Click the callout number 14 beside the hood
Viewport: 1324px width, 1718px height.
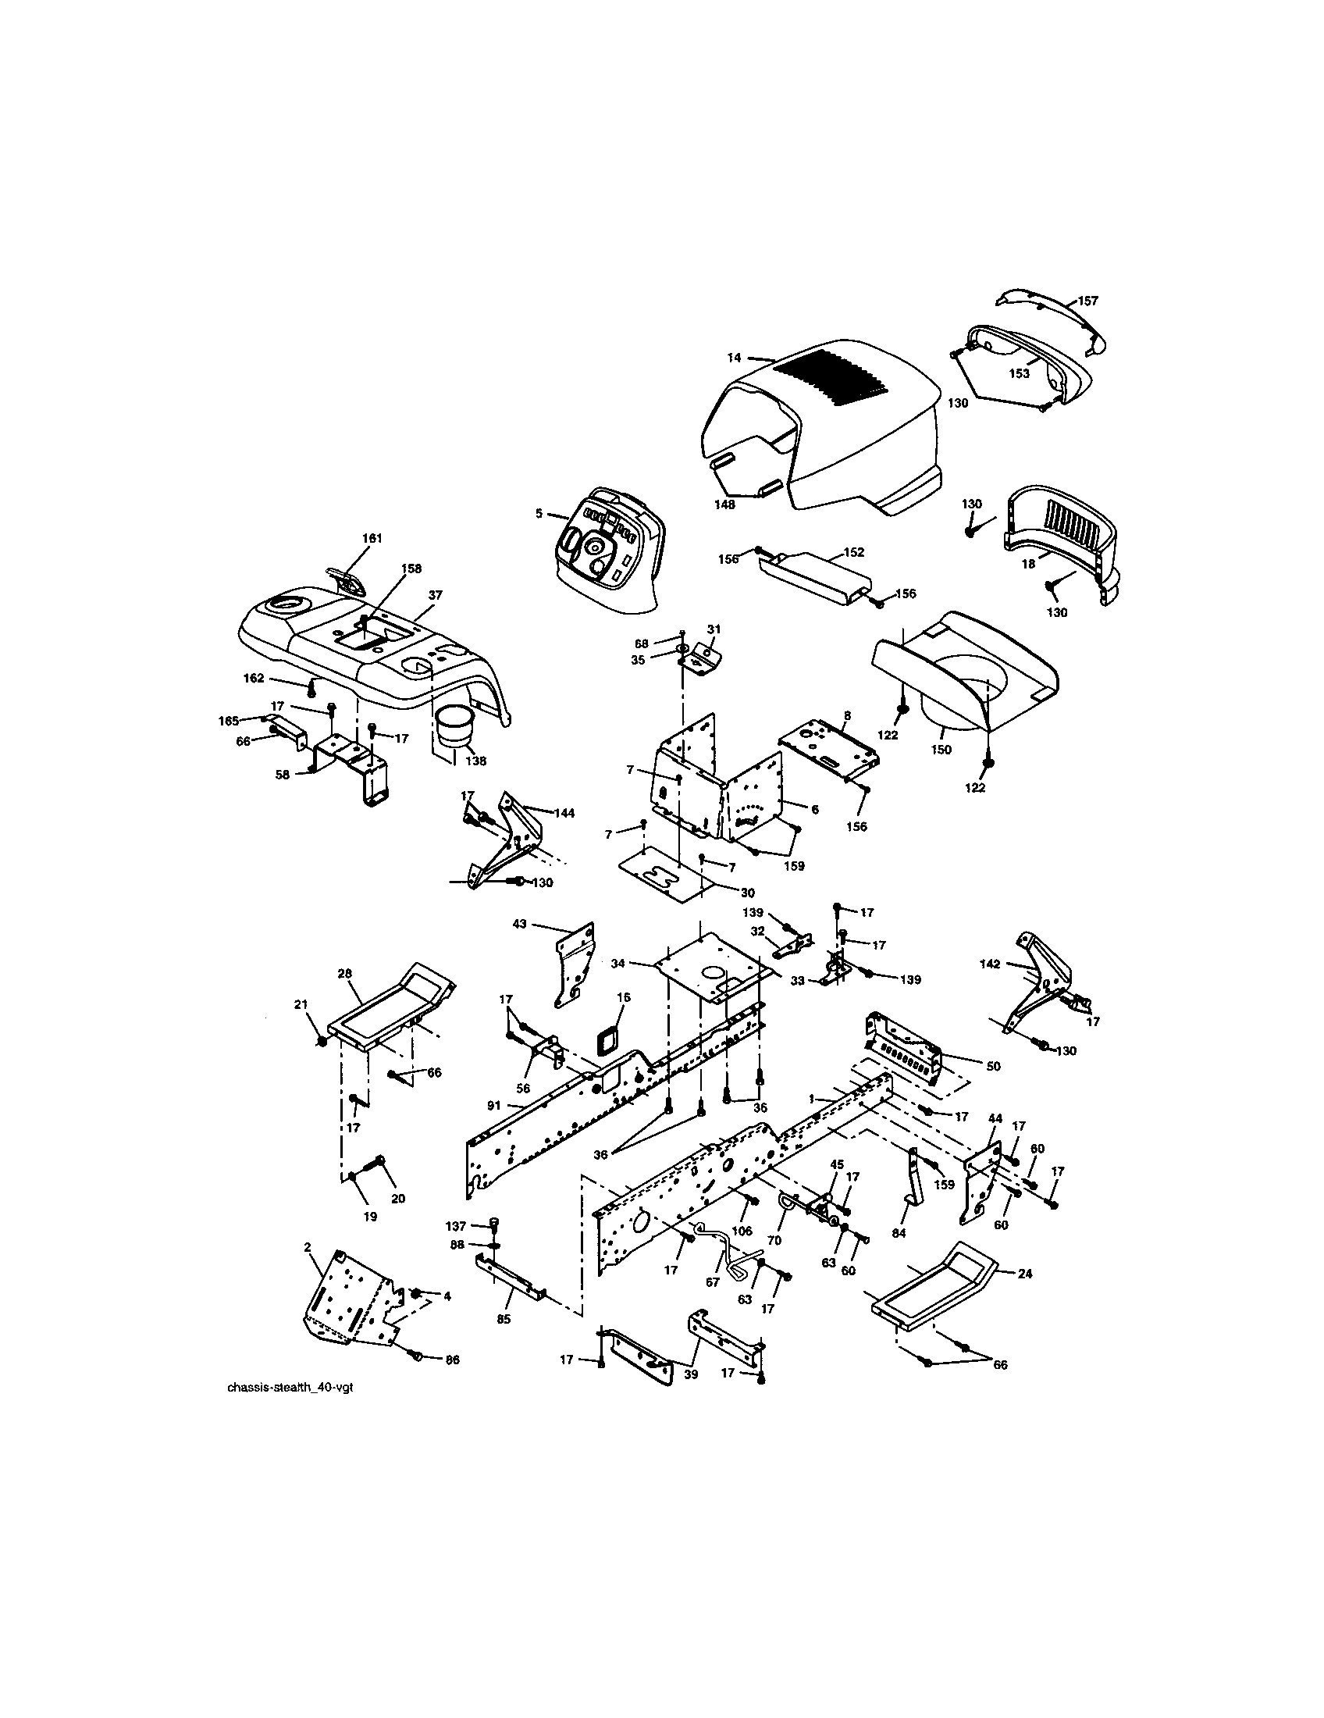tap(733, 358)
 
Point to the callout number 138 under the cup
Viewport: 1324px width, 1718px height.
tap(475, 761)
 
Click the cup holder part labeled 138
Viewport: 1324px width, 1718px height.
tap(454, 725)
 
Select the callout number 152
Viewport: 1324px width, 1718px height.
tap(853, 552)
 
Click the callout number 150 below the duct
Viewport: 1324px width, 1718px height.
tap(941, 750)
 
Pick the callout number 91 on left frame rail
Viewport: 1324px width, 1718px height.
tap(493, 1105)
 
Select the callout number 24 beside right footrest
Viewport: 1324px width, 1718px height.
tap(1024, 1273)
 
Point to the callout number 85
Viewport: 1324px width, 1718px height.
tap(504, 1319)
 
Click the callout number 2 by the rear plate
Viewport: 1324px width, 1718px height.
tap(307, 1247)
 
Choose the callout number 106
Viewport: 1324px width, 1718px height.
tap(742, 1231)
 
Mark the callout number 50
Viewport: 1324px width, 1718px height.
tap(993, 1066)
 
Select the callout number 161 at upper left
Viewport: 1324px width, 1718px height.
tap(372, 538)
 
